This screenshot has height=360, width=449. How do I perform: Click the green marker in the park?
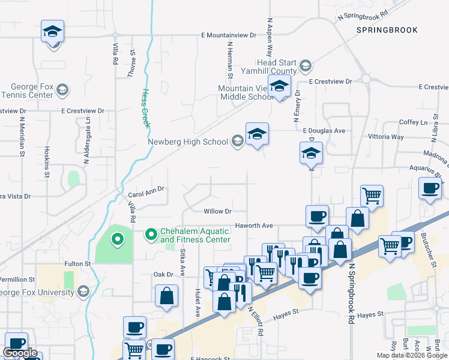pyautogui.click(x=118, y=241)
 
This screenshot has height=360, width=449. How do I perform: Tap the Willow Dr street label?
pyautogui.click(x=217, y=211)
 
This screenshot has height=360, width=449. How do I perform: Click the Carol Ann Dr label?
pyautogui.click(x=146, y=194)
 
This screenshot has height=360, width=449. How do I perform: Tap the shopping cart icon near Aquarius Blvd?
pyautogui.click(x=372, y=195)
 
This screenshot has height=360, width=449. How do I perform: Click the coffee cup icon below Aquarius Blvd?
pyautogui.click(x=430, y=188)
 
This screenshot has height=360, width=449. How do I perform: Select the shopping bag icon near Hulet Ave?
pyautogui.click(x=166, y=296)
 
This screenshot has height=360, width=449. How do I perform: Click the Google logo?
pyautogui.click(x=20, y=353)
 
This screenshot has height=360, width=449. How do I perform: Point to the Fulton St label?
pyautogui.click(x=77, y=263)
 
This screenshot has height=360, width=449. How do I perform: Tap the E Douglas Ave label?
pyautogui.click(x=324, y=130)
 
